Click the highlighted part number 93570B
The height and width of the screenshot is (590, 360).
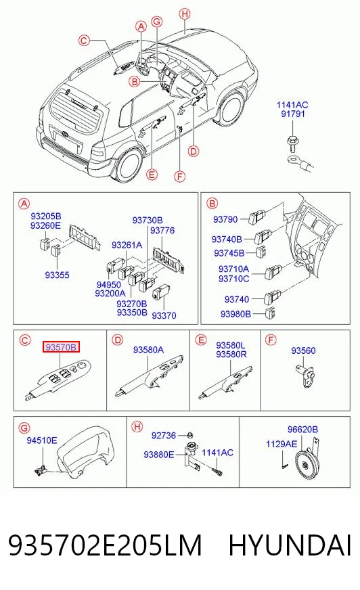(x=61, y=347)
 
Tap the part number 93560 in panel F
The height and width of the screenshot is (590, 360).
(x=303, y=350)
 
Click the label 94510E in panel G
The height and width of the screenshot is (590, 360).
(x=42, y=440)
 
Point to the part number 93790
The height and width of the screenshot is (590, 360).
(x=225, y=219)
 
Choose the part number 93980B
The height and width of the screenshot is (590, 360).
(x=235, y=313)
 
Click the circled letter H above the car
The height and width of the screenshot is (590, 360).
(x=184, y=14)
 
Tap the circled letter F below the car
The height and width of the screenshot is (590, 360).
(x=180, y=176)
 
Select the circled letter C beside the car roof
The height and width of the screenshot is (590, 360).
(x=85, y=40)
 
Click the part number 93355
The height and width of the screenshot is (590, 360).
(x=57, y=275)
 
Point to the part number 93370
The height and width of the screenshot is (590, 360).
(x=164, y=315)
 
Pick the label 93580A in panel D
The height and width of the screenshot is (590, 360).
(x=148, y=350)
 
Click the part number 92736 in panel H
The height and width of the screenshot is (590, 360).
(x=164, y=435)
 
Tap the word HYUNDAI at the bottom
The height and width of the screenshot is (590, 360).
(x=290, y=545)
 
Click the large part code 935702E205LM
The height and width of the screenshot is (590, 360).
(x=106, y=545)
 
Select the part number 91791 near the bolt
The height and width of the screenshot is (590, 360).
(x=293, y=114)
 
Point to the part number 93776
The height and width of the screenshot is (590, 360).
(x=162, y=230)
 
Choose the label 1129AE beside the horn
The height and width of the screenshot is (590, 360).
(x=282, y=444)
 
